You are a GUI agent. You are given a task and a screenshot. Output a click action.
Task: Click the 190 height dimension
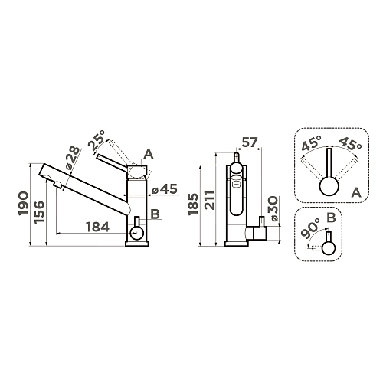23,203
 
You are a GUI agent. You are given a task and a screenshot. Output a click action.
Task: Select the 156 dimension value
39,212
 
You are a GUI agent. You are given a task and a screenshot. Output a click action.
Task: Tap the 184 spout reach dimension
98,227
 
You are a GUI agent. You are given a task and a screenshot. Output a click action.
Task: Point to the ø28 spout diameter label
73,159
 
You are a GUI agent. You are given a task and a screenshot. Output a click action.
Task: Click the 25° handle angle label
97,140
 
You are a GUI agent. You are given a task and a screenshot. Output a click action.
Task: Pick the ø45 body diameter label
165,189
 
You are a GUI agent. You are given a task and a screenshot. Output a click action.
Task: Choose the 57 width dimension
249,142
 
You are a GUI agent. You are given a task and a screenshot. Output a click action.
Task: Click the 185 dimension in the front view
193,205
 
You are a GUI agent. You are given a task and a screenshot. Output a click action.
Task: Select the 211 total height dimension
211,200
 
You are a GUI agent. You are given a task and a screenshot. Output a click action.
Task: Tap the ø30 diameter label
273,208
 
